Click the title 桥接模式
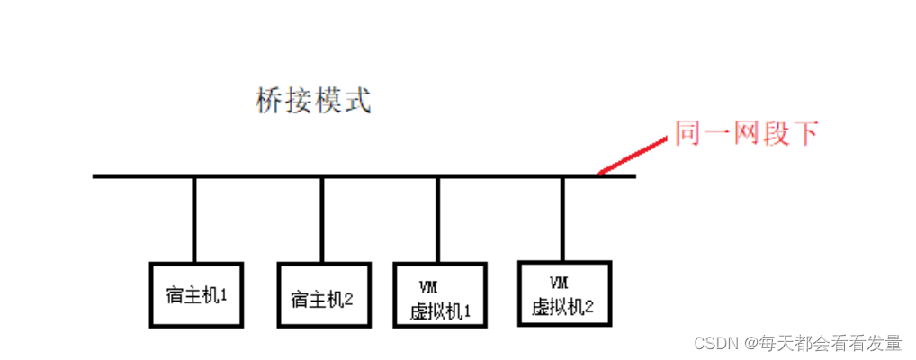pyautogui.click(x=313, y=101)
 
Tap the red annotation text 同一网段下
pyautogui.click(x=747, y=134)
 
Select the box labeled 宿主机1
pyautogui.click(x=194, y=295)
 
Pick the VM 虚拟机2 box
pyautogui.click(x=564, y=294)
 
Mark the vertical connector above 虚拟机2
pyautogui.click(x=563, y=218)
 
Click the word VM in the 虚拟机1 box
pyautogui.click(x=427, y=287)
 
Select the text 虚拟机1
pyautogui.click(x=440, y=311)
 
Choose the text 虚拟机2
pyautogui.click(x=563, y=306)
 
